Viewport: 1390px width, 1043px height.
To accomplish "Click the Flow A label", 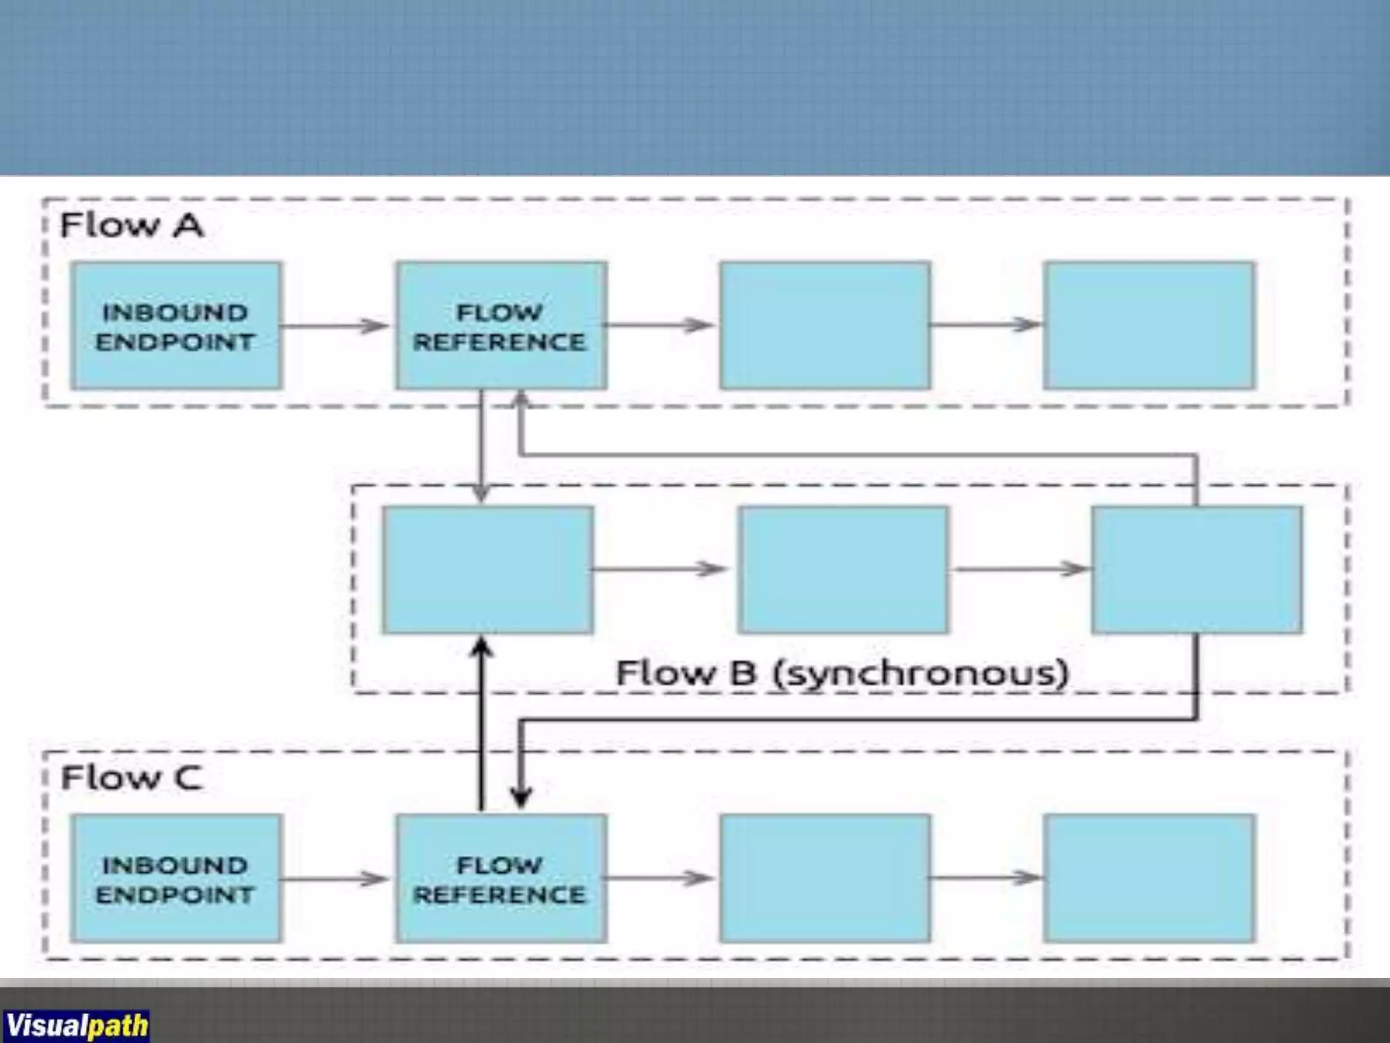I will pos(132,225).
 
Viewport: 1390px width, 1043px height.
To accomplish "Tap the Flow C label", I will pos(132,777).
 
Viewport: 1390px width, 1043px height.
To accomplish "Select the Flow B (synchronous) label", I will pos(842,673).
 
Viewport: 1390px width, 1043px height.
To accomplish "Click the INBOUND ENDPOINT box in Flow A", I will pos(176,325).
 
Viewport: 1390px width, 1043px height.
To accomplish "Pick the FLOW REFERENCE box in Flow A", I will pos(501,325).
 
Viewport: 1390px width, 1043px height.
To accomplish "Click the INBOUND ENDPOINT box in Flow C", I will pos(176,879).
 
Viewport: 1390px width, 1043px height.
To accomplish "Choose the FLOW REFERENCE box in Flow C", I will pos(501,879).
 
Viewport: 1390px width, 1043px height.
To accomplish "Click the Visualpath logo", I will pos(76,1024).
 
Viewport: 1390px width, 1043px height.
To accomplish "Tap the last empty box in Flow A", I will pos(1149,325).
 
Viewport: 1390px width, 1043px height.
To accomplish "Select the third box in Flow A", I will pos(825,325).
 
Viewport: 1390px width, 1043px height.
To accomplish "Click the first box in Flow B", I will pos(487,570).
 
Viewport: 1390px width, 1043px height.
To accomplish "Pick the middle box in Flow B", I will pos(844,570).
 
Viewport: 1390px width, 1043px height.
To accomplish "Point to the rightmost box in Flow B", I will pos(1197,570).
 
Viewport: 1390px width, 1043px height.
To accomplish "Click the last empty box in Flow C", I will pos(1149,879).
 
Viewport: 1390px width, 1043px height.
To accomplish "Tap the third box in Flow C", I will pos(825,879).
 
